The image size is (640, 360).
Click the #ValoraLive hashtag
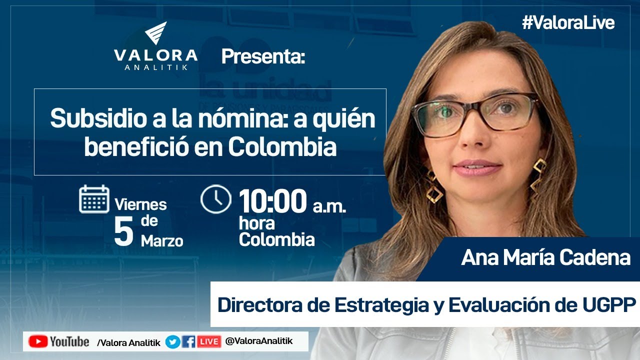click(568, 23)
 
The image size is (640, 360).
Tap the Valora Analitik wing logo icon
click(155, 33)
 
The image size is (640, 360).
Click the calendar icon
click(94, 199)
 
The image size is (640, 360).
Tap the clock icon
click(215, 199)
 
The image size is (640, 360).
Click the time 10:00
click(272, 201)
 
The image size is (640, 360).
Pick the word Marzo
click(162, 241)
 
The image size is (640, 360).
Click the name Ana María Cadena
click(545, 257)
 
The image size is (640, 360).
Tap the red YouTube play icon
click(38, 341)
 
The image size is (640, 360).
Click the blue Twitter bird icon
click(173, 342)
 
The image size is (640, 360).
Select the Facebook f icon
click(188, 342)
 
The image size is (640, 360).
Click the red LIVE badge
click(208, 342)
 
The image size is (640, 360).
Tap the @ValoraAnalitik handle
click(259, 341)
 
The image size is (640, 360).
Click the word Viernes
click(140, 204)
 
